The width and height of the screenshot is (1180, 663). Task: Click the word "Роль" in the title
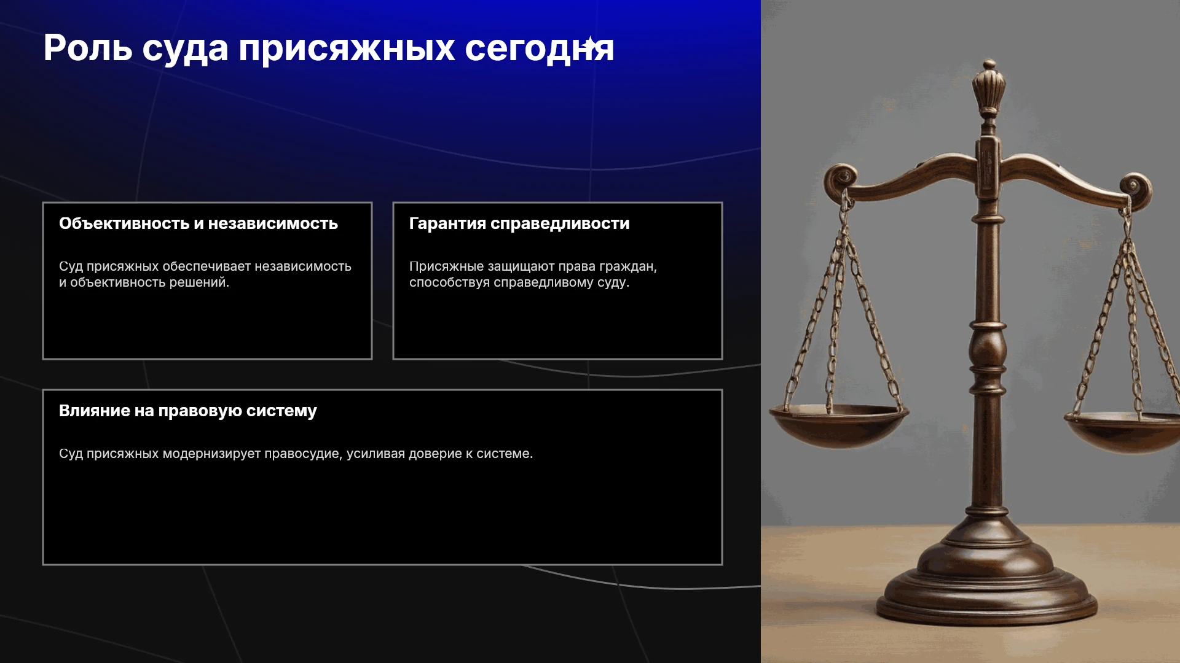88,48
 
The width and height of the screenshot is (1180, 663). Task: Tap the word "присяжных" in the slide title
347,49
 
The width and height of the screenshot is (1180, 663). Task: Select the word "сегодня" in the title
540,49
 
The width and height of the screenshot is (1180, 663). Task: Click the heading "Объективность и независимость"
199,223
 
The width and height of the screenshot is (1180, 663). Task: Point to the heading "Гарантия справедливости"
519,224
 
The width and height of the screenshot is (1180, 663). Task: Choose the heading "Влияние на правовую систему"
188,411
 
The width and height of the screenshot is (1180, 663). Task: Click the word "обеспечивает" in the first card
206,266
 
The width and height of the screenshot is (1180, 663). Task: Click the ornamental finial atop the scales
989,89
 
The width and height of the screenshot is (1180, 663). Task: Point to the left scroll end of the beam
840,179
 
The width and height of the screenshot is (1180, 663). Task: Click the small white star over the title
589,44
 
